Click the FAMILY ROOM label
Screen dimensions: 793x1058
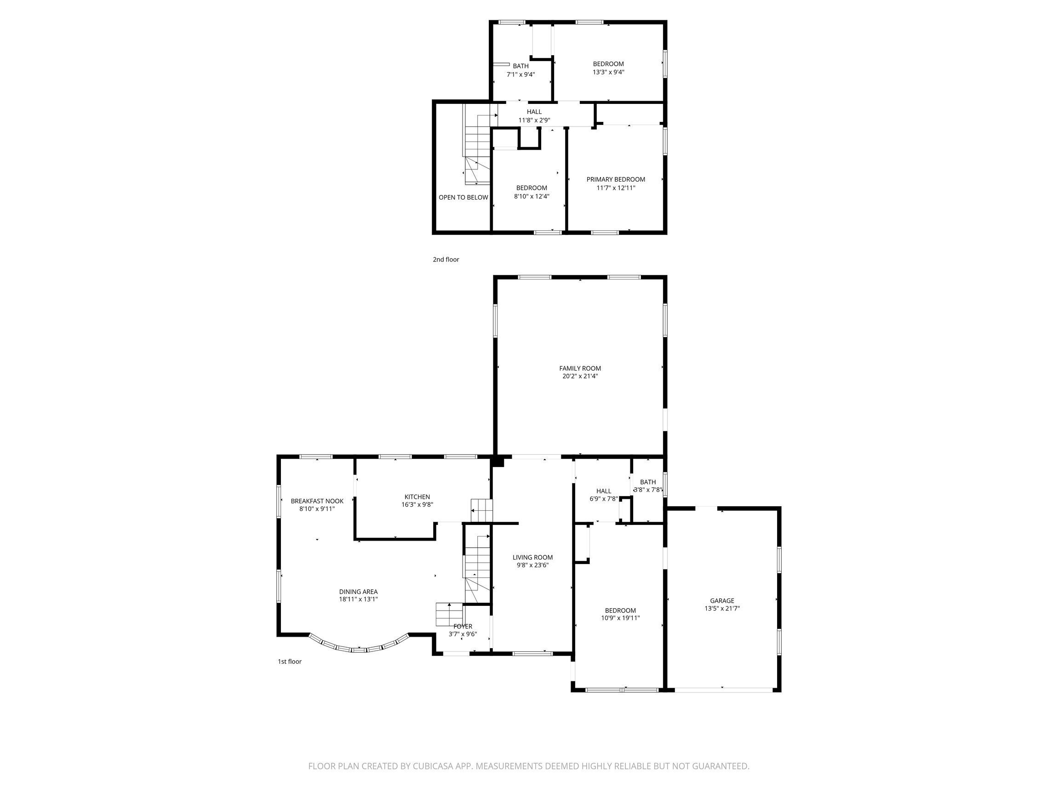click(580, 368)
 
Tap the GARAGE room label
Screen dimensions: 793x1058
click(722, 601)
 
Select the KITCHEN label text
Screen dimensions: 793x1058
click(417, 497)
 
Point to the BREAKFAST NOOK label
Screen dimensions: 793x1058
click(317, 501)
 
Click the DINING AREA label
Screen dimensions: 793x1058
click(358, 592)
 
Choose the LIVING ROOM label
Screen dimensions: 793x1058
click(532, 557)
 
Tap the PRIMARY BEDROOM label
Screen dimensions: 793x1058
click(616, 179)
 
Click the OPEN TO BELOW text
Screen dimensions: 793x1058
click(463, 198)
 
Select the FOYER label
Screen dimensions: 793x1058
click(463, 627)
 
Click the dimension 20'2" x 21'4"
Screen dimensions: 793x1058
click(580, 377)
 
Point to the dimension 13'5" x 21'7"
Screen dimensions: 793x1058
click(722, 609)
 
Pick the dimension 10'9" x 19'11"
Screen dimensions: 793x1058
click(620, 618)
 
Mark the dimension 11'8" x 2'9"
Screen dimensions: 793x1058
click(534, 120)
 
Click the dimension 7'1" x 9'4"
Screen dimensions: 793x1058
click(520, 74)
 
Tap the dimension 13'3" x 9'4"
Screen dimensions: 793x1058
click(608, 72)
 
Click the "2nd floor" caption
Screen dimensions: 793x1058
click(446, 260)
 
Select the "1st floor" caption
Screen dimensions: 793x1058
click(289, 662)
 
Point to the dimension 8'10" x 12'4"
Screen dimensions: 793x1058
click(532, 196)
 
